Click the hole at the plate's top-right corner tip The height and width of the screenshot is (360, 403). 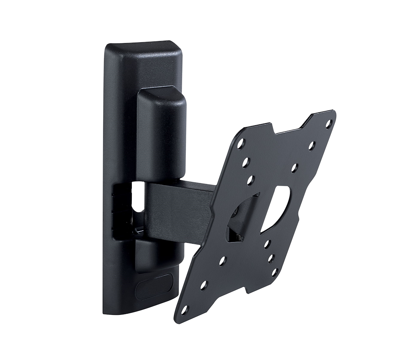[x=328, y=122]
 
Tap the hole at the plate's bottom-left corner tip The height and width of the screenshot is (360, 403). [x=185, y=309]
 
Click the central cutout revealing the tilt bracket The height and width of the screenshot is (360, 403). [x=243, y=218]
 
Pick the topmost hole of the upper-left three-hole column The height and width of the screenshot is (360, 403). [x=241, y=143]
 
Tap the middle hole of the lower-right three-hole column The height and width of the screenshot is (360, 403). [x=271, y=258]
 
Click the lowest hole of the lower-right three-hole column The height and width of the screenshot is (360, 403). [x=274, y=272]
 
